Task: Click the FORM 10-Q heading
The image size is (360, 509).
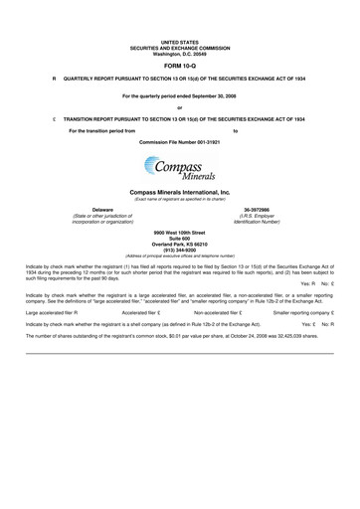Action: pyautogui.click(x=180, y=64)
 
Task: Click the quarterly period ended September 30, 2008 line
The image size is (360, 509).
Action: pyautogui.click(x=180, y=94)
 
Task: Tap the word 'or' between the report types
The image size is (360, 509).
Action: pyautogui.click(x=180, y=106)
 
